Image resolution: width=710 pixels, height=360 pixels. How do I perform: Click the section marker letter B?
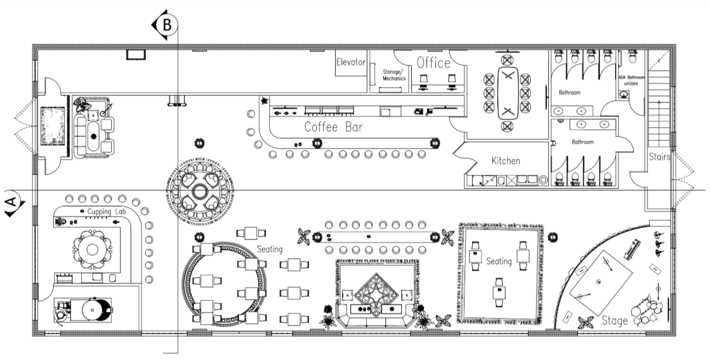(x=167, y=25)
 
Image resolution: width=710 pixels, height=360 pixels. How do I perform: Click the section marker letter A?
(x=11, y=202)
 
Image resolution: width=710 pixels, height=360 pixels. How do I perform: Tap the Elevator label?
(x=351, y=62)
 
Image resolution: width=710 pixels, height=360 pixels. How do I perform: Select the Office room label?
(x=433, y=63)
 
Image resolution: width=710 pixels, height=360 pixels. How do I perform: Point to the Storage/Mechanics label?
(x=394, y=75)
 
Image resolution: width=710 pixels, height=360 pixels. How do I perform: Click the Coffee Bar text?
(x=333, y=127)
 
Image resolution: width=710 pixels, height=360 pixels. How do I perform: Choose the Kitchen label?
(x=505, y=161)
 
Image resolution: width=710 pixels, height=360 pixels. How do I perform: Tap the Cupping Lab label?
(x=106, y=212)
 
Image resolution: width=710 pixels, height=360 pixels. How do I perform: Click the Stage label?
(x=615, y=321)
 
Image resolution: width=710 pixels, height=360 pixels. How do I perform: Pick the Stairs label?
(x=659, y=157)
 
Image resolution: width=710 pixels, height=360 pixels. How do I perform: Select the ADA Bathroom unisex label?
(x=631, y=81)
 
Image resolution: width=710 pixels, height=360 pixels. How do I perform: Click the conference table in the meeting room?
(x=508, y=93)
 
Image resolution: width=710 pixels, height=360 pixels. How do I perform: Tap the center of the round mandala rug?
(x=200, y=191)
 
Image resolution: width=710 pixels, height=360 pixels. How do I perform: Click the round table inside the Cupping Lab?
(x=92, y=250)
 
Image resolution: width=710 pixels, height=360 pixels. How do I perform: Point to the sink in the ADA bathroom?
(x=624, y=94)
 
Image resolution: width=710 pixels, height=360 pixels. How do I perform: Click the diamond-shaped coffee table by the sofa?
(x=376, y=294)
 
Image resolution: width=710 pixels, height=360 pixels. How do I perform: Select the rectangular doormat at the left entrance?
(x=53, y=127)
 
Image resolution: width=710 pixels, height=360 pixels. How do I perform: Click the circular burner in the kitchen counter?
(x=543, y=180)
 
